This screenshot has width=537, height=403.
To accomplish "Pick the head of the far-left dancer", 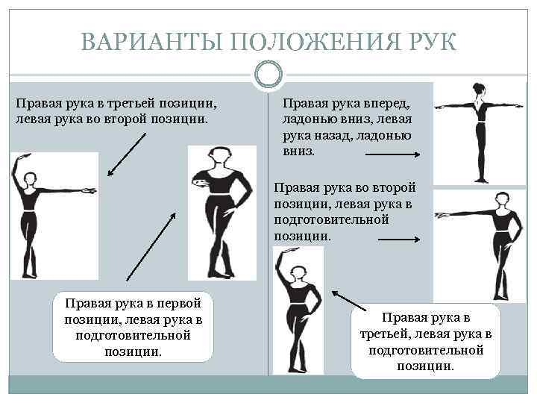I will point(30,179).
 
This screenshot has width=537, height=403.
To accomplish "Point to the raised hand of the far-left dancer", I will point(25,157).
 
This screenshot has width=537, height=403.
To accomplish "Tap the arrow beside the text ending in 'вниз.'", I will point(393,154).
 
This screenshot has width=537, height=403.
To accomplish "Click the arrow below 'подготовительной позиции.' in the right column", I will point(399,240).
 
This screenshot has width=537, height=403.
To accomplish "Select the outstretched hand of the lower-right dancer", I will point(442,216).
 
